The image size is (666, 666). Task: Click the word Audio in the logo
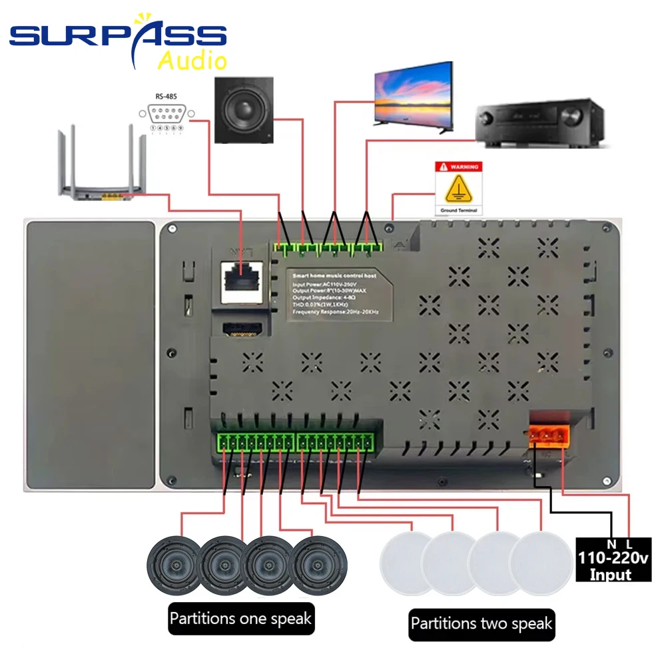(x=192, y=60)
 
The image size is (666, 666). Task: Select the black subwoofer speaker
(x=244, y=110)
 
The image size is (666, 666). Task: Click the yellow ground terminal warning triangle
(x=458, y=191)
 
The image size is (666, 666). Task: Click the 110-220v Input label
(x=613, y=563)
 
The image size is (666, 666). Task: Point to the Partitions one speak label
(x=240, y=619)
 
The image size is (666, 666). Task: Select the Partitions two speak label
(x=481, y=624)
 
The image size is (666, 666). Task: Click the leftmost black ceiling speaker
(x=174, y=565)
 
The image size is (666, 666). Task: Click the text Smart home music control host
(x=334, y=274)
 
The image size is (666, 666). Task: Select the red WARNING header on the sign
(x=458, y=168)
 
